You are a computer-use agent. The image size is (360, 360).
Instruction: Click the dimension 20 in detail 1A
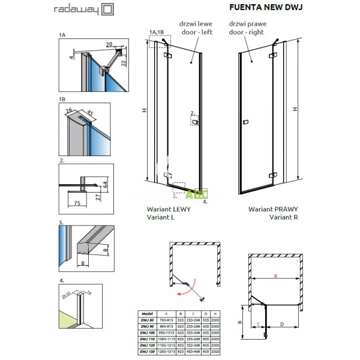click(x=108, y=44)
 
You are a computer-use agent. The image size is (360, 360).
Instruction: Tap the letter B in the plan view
click(x=238, y=322)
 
